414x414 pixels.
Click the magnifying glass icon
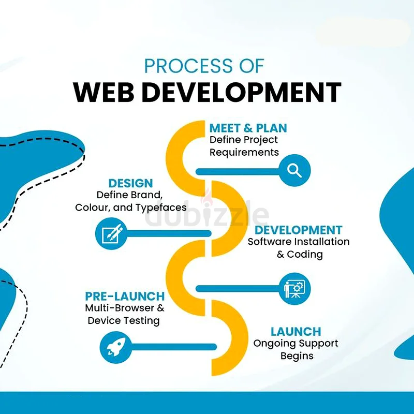click(x=294, y=171)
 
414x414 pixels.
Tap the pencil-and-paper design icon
click(x=111, y=233)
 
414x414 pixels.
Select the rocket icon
click(x=115, y=347)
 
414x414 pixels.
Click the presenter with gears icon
click(x=294, y=289)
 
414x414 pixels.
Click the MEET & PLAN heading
click(x=248, y=128)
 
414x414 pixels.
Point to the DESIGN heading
click(x=130, y=183)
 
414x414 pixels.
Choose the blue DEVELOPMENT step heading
click(x=299, y=230)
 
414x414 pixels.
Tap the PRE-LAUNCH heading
click(x=125, y=296)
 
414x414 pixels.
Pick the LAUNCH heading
click(x=295, y=332)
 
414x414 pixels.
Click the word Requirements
click(x=244, y=153)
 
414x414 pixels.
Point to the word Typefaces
click(x=161, y=208)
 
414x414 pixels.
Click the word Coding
click(x=305, y=255)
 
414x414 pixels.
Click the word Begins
click(x=297, y=356)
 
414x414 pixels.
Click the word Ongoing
click(x=272, y=344)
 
